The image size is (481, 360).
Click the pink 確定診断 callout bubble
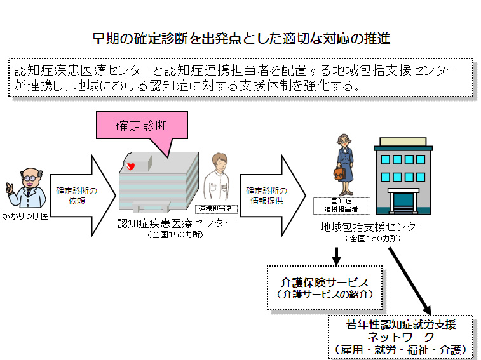tap(142, 126)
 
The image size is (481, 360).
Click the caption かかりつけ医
tap(24, 216)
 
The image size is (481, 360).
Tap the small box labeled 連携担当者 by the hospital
tap(213, 208)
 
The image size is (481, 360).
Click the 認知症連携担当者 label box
tap(335, 204)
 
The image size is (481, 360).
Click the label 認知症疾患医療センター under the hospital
tap(176, 223)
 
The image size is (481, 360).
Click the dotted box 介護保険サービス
tap(324, 287)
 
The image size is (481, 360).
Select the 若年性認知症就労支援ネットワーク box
tap(400, 336)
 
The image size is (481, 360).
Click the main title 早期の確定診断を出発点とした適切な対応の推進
tap(241, 39)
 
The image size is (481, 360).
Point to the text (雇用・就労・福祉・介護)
tap(400, 349)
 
